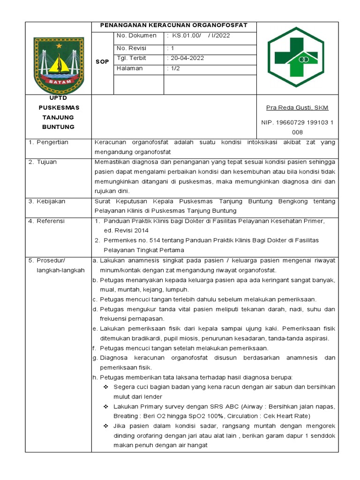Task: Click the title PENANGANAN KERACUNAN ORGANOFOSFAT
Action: pos(175,25)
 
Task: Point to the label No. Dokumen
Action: pos(136,36)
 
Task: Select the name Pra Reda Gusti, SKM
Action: pos(297,108)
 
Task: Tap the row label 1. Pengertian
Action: pos(48,142)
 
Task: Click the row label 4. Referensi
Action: pos(46,221)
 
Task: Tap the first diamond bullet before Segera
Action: pos(105,387)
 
